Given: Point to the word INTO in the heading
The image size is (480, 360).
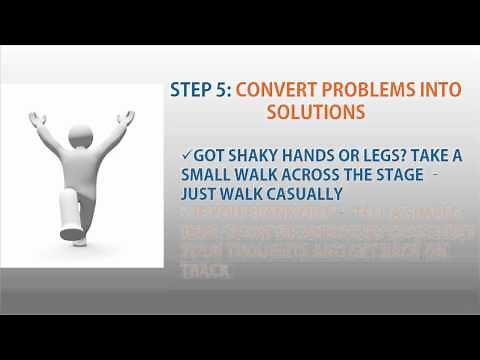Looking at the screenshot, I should pos(438,88).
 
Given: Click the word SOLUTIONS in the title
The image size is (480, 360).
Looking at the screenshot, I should pos(316,112).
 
